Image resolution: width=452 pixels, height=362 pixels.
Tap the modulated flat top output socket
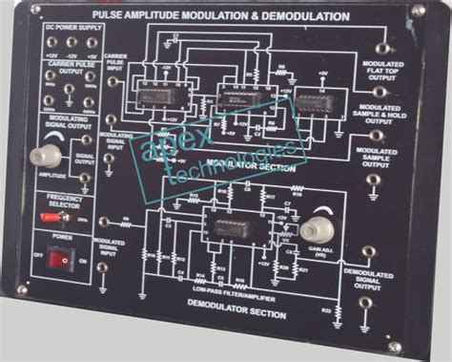(x=381, y=48)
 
